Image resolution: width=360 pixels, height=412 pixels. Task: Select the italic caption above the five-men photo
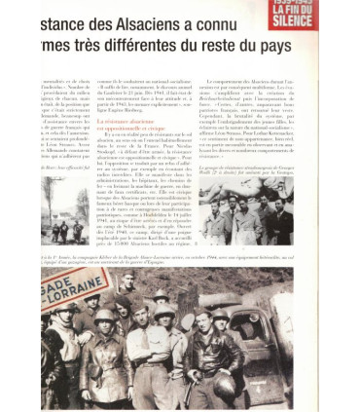pyautogui.click(x=249, y=176)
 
